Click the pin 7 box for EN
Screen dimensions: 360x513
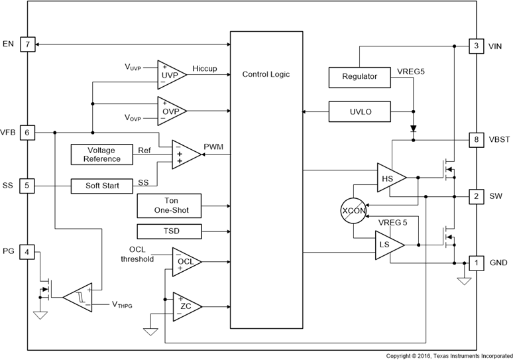pyautogui.click(x=27, y=44)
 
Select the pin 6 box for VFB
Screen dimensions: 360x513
pyautogui.click(x=27, y=133)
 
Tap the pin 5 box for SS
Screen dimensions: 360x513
pyautogui.click(x=27, y=186)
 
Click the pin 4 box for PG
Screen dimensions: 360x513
pyautogui.click(x=27, y=251)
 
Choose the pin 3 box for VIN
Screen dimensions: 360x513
pyautogui.click(x=476, y=46)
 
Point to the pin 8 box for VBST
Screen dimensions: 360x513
pyautogui.click(x=476, y=140)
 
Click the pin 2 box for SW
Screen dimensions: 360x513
pyautogui.click(x=476, y=196)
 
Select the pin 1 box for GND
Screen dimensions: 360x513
pyautogui.click(x=476, y=263)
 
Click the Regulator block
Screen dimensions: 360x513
pyautogui.click(x=360, y=77)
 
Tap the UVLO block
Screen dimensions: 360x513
pyautogui.click(x=360, y=112)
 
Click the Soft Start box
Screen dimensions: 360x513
pyautogui.click(x=102, y=186)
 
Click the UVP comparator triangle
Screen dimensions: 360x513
pyautogui.click(x=170, y=75)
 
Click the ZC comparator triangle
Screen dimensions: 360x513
pyautogui.click(x=185, y=306)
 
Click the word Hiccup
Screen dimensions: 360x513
pyautogui.click(x=205, y=68)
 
